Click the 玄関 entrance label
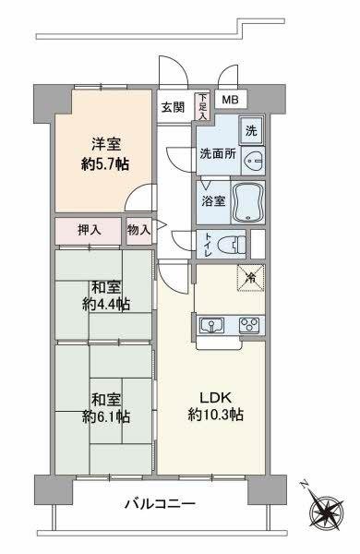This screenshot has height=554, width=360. tap(173, 106)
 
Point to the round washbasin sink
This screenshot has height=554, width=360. tap(256, 156)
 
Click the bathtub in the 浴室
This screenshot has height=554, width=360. tap(246, 201)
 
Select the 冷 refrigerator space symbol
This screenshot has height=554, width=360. tap(250, 275)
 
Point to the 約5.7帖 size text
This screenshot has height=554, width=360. tap(103, 163)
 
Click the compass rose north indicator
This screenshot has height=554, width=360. tap(327, 510)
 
